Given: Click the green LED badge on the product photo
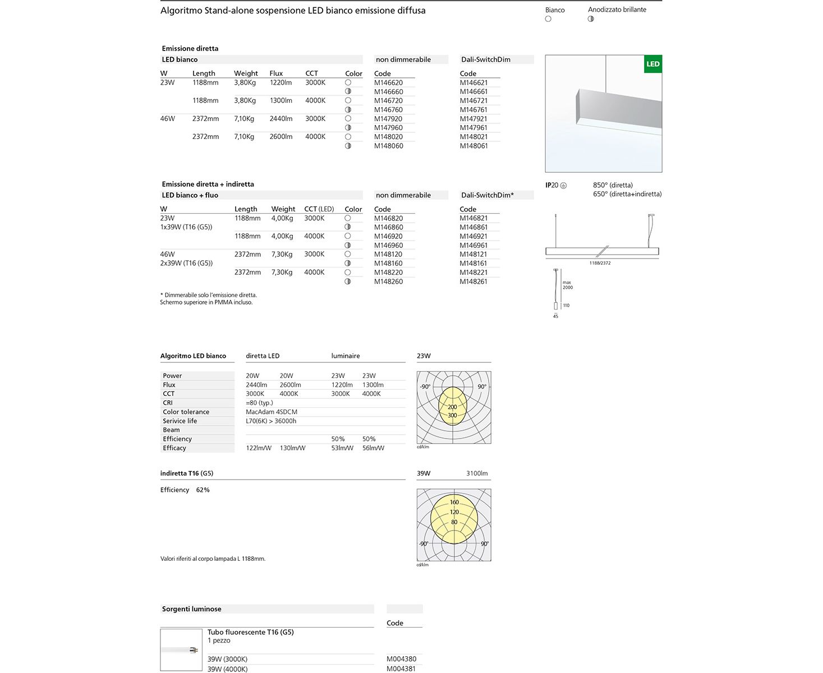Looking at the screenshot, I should point(652,64).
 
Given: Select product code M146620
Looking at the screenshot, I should point(388,82).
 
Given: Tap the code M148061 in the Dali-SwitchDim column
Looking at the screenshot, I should point(473,146).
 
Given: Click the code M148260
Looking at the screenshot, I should point(388,282).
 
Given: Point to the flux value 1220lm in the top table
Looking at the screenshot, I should point(281,82).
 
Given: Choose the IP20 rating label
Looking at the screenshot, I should point(552,185).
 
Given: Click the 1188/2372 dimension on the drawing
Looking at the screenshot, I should point(600,263).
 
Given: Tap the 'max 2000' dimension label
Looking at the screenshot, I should point(568,285).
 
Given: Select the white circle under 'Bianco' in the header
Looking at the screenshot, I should point(548,19).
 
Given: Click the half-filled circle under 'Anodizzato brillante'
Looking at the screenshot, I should point(591,19).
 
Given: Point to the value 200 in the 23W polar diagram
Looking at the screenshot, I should point(452,407).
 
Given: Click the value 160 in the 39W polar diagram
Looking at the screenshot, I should point(454,502).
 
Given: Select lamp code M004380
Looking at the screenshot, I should point(402,659).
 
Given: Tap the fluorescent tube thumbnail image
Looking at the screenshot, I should point(181,649).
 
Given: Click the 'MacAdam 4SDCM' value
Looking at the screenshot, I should point(272,412).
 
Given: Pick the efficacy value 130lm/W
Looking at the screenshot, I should point(292,448).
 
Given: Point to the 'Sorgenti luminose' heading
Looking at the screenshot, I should point(192,609).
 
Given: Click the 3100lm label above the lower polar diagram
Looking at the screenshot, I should point(477,473).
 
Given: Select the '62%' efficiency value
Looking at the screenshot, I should point(203,490).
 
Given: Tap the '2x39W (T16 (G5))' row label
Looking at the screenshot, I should point(186,263).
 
